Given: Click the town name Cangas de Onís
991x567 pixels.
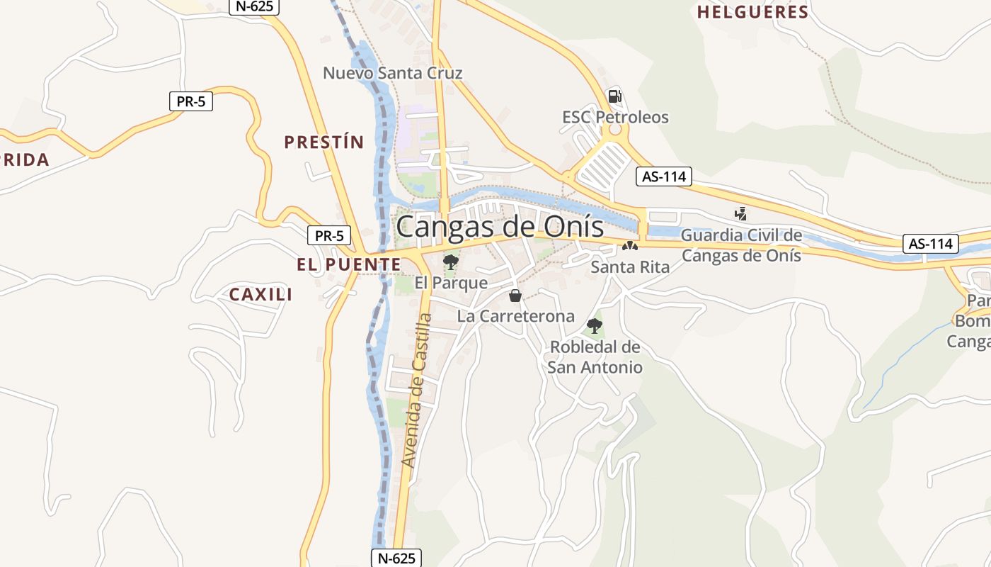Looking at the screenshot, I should coord(500,227).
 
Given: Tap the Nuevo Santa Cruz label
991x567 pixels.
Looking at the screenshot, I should coord(393,73).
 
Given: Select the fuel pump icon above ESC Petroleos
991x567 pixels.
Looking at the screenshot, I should coord(615,96).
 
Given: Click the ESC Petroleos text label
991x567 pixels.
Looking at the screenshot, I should coord(615,117).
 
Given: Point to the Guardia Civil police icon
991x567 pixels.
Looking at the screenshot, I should coord(741,213).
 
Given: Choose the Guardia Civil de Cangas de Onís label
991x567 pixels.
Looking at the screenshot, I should coord(741,245).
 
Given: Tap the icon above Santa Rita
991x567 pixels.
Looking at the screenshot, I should coord(629,247).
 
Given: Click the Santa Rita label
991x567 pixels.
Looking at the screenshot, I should coord(630,267).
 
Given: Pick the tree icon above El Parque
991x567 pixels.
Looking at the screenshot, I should coord(450,262).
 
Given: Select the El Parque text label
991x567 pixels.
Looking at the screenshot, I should coord(451,283).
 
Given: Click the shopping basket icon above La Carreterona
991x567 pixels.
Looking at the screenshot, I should coord(515,296).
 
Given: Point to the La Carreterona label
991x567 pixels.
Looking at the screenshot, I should coord(516,316).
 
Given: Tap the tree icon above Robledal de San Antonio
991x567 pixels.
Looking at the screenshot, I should coord(595,326).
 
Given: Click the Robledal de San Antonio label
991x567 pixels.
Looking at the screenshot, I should coord(595,357).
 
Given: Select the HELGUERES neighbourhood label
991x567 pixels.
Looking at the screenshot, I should coord(752,12).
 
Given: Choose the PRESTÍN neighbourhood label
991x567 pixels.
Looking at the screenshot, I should coord(323,142).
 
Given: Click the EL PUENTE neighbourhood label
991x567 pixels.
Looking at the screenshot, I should coord(348,264).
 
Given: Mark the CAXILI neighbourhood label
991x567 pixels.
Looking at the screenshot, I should coord(260,294).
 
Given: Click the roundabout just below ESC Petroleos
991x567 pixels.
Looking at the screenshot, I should coord(614,130).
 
